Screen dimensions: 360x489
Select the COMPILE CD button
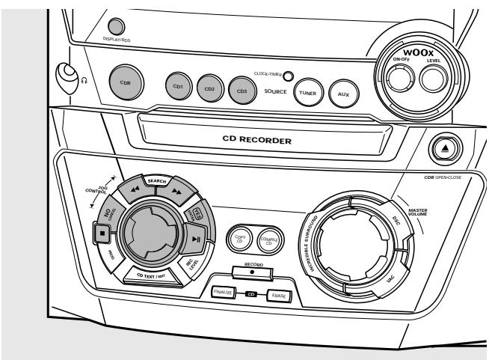pyautogui.click(x=266, y=240)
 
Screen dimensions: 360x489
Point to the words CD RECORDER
pyautogui.click(x=271, y=138)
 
